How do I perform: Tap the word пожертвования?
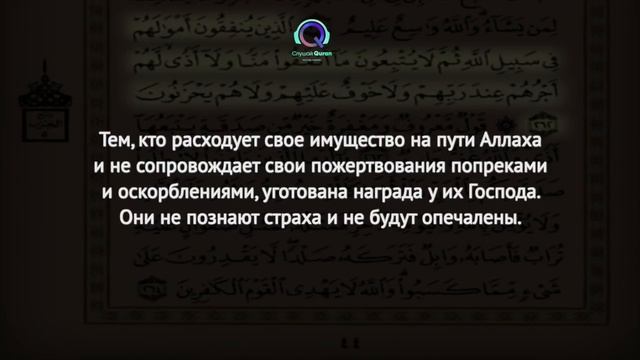375,165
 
